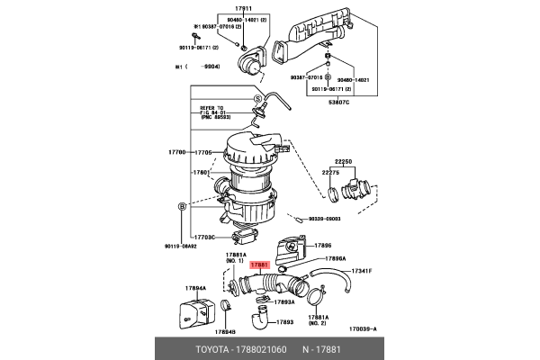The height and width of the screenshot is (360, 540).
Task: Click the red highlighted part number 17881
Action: click(259, 265)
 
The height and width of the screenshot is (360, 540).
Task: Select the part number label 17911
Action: click(244, 8)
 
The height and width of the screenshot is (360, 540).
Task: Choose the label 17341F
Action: click(363, 271)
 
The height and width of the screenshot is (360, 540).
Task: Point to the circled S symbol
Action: click(256, 99)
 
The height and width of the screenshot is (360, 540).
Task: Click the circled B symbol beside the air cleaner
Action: click(183, 207)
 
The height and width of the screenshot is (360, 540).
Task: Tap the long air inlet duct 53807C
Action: click(315, 36)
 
